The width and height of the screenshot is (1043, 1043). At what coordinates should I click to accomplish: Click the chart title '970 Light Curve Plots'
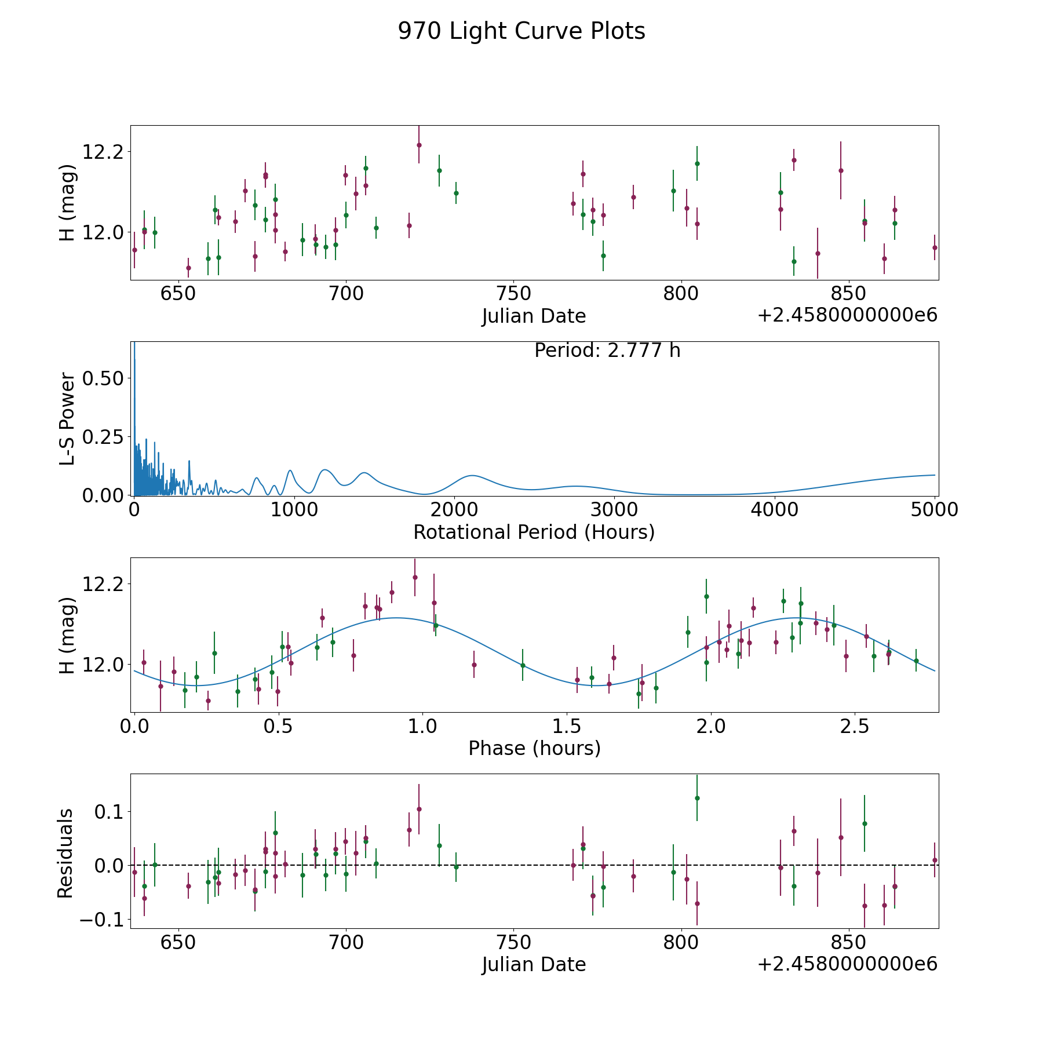521,31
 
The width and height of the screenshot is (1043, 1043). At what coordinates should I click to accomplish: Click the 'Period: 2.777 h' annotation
607,351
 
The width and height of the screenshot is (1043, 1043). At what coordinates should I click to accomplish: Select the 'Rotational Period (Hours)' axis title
534,532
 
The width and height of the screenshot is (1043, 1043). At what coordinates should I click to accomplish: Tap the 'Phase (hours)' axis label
534,748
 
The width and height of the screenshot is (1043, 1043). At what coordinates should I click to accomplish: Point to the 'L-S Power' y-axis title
67,418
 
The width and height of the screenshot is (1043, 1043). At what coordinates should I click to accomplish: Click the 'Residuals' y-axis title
65,853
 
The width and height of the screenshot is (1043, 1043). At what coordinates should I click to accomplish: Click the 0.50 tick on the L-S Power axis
103,378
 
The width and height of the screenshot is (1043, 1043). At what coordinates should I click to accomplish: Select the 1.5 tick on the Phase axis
566,727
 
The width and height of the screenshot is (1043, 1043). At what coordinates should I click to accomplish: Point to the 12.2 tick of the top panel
103,152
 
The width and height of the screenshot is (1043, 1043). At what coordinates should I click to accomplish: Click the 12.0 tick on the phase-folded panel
103,665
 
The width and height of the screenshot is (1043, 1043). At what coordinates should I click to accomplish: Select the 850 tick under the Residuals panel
848,942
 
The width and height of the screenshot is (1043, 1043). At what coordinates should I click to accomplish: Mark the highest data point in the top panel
419,145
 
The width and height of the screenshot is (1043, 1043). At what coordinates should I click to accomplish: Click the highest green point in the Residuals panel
697,798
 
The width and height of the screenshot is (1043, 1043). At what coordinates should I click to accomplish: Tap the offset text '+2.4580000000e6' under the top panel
847,316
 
